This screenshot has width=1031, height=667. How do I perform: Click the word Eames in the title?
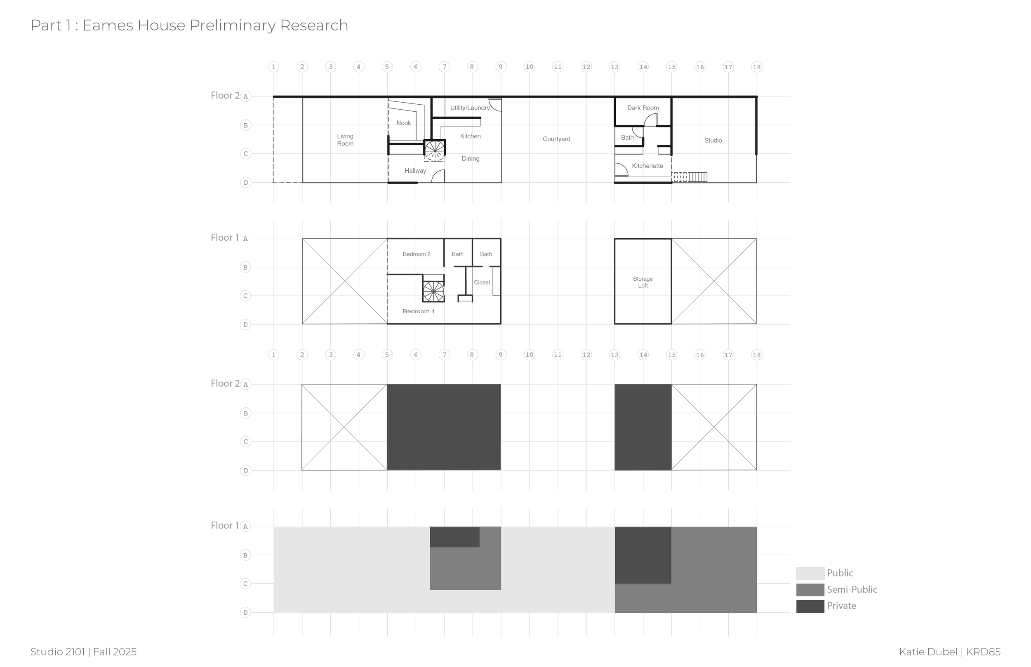click(x=108, y=26)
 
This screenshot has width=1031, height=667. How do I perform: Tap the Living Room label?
click(x=345, y=140)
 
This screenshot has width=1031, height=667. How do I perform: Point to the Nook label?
click(x=403, y=123)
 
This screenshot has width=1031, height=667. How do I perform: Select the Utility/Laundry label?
click(x=470, y=108)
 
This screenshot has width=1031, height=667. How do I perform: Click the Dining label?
click(x=471, y=159)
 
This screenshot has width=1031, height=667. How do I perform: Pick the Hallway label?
click(x=415, y=171)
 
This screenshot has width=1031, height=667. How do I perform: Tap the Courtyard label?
click(x=556, y=139)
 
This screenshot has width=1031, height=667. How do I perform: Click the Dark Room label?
click(x=643, y=108)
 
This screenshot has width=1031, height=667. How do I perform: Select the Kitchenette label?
click(x=647, y=166)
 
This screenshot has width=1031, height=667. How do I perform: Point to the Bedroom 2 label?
click(x=416, y=254)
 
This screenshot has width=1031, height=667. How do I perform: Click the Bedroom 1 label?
click(x=419, y=311)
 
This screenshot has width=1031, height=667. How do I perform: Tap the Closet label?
click(x=482, y=282)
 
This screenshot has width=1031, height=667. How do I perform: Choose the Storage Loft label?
click(x=643, y=282)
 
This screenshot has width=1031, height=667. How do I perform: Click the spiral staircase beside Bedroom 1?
click(x=433, y=291)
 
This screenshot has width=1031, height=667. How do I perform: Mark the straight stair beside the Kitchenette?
click(x=697, y=177)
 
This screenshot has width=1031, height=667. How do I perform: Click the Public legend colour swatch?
click(x=810, y=573)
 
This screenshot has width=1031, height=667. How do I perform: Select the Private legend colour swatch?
click(x=810, y=606)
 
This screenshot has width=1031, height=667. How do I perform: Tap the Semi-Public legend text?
click(x=852, y=589)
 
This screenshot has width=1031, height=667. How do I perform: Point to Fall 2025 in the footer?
click(x=115, y=652)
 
